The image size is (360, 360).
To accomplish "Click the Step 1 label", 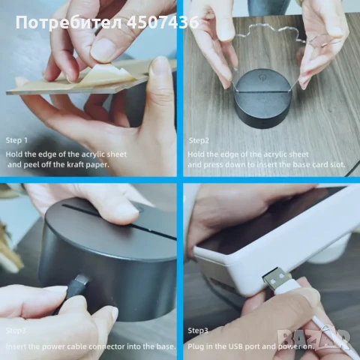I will tap(17, 140).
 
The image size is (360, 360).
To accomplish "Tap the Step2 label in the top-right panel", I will tap(199, 140).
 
